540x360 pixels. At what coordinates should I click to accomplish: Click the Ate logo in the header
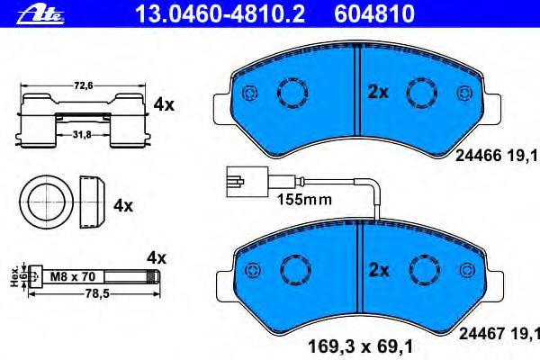point(40,14)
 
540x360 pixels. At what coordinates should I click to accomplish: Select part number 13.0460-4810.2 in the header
point(220,14)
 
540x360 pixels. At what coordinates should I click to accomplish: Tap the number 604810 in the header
point(374,14)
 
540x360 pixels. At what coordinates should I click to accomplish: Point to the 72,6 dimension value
point(84,85)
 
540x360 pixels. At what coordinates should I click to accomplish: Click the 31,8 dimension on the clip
point(82,135)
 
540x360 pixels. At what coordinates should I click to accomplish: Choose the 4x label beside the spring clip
point(164,104)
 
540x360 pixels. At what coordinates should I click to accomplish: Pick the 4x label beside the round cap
point(123,206)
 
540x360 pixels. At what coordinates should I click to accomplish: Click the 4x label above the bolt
point(157,257)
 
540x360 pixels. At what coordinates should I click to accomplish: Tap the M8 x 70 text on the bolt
point(73,276)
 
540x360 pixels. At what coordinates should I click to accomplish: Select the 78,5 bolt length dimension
point(97,293)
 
